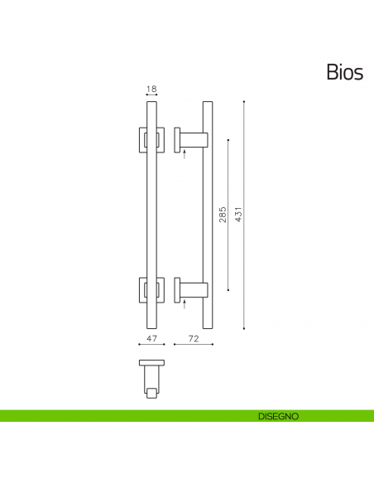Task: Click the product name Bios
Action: (x=344, y=72)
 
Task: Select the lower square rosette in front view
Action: (x=151, y=290)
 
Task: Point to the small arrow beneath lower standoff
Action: (x=185, y=305)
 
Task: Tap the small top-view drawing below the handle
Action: (x=151, y=377)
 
